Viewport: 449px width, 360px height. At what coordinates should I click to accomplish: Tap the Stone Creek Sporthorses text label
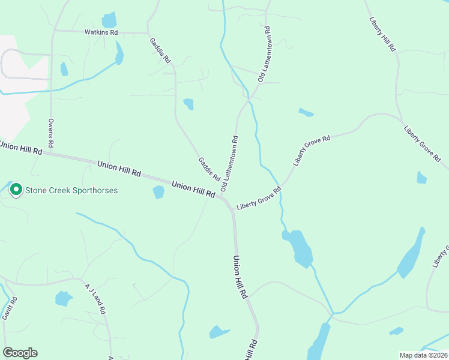pyautogui.click(x=71, y=191)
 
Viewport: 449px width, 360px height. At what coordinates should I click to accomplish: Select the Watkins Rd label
pyautogui.click(x=101, y=32)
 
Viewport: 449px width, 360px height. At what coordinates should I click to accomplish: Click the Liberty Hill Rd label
pyautogui.click(x=382, y=30)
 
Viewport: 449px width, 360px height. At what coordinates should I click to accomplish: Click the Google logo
pyautogui.click(x=20, y=353)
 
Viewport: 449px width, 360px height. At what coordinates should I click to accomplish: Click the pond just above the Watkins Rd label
pyautogui.click(x=109, y=20)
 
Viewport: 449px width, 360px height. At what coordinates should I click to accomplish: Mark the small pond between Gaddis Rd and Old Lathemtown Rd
pyautogui.click(x=188, y=104)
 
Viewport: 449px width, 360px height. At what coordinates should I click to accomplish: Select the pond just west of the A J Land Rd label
pyautogui.click(x=63, y=298)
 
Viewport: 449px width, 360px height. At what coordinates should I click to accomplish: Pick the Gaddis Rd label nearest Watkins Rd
pyautogui.click(x=160, y=50)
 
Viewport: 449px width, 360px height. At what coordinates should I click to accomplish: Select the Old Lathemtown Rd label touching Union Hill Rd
pyautogui.click(x=230, y=163)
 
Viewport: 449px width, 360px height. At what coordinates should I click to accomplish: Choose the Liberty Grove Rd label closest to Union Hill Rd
pyautogui.click(x=259, y=199)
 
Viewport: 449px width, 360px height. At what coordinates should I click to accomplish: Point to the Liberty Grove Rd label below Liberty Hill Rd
pyautogui.click(x=422, y=144)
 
